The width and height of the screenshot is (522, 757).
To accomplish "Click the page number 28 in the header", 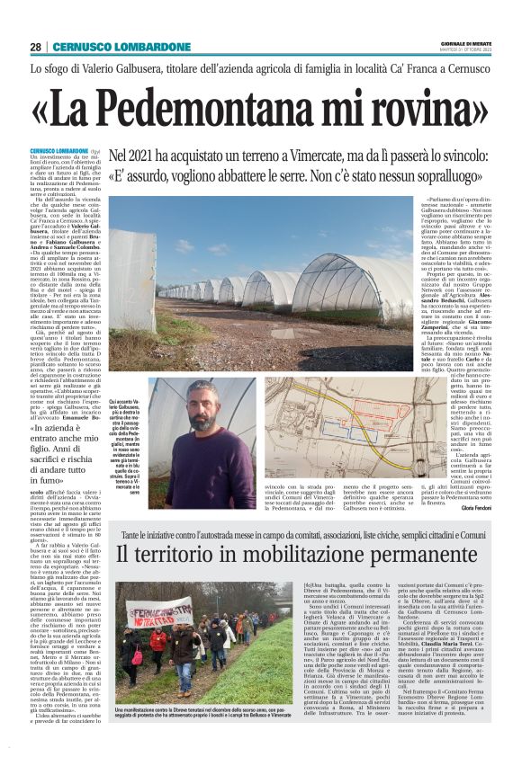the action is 35,47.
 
